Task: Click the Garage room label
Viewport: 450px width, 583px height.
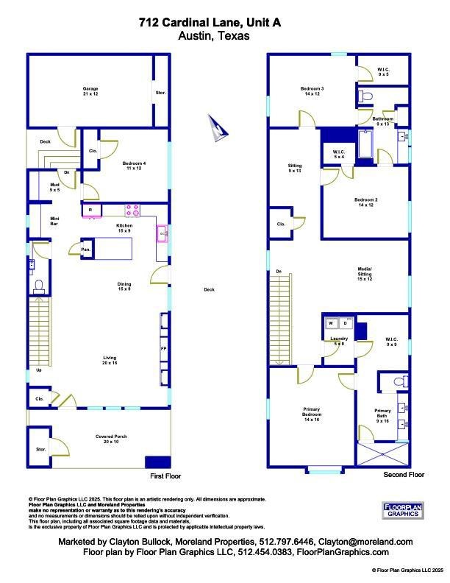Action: point(90,91)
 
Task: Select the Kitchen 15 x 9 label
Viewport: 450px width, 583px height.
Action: point(124,228)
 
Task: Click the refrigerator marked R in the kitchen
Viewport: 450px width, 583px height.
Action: point(90,211)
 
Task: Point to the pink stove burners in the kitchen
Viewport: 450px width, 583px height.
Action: point(132,211)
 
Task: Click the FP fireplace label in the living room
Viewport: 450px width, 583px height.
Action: point(163,347)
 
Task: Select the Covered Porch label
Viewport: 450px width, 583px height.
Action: point(111,439)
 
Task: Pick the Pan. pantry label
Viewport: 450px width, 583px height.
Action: point(86,249)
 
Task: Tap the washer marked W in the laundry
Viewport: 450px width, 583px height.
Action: point(331,323)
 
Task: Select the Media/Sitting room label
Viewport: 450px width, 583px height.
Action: point(365,274)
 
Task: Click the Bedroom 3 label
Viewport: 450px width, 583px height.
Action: point(312,91)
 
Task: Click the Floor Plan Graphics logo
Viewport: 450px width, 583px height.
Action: point(404,509)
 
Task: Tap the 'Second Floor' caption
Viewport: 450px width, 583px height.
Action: point(404,476)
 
